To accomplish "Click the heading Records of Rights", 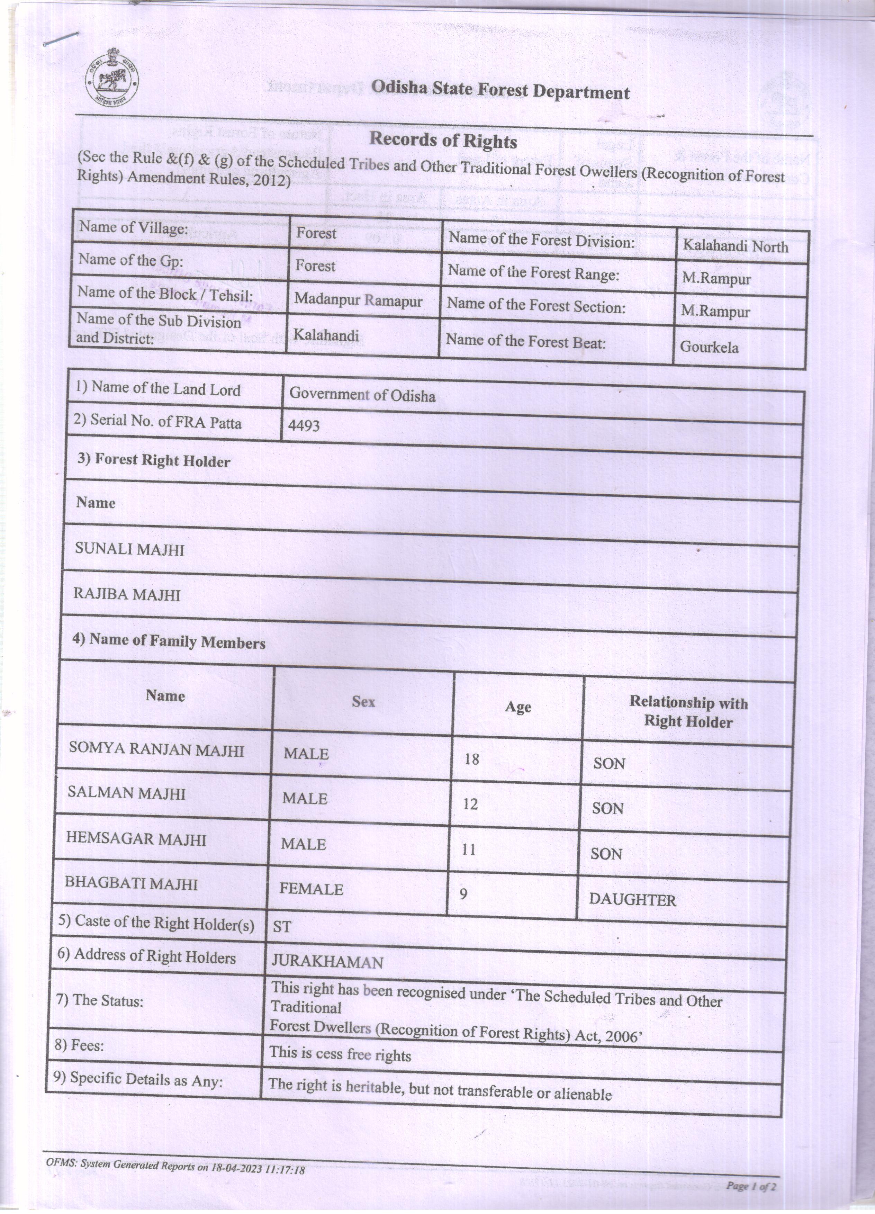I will (x=443, y=141).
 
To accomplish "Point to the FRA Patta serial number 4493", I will (x=304, y=425).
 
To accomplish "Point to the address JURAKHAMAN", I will (x=327, y=962).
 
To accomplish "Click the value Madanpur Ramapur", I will (x=358, y=300).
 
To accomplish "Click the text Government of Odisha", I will (x=362, y=395).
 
